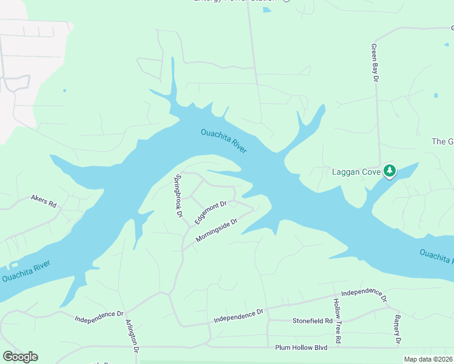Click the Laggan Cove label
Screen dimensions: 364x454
click(x=356, y=172)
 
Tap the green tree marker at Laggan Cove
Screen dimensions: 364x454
click(x=390, y=171)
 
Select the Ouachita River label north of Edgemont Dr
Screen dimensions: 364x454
click(x=223, y=141)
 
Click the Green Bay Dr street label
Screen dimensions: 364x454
click(x=375, y=63)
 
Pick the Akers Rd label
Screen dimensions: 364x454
click(x=43, y=200)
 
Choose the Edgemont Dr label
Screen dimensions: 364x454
click(x=211, y=212)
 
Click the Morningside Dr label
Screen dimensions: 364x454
click(x=215, y=231)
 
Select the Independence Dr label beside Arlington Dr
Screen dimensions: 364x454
click(x=99, y=316)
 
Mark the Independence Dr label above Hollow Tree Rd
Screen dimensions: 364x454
click(x=363, y=295)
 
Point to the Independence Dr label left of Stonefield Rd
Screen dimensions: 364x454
click(x=239, y=315)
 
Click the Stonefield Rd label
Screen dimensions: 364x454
click(x=313, y=320)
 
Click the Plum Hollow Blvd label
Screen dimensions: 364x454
click(x=301, y=347)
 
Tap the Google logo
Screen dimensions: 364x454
click(x=20, y=357)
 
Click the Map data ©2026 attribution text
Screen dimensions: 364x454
click(x=428, y=359)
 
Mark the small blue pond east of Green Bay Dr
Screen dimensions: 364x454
click(x=435, y=95)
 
